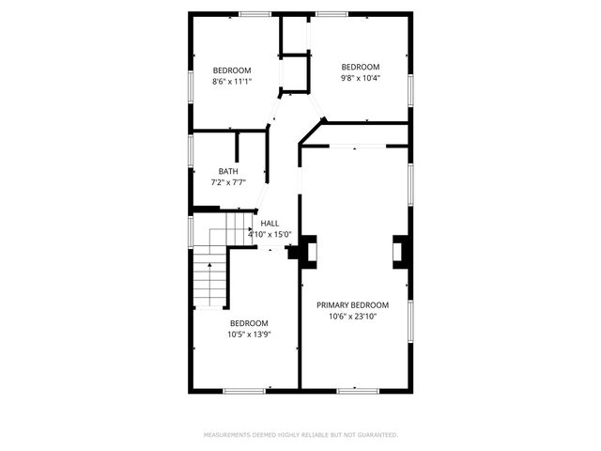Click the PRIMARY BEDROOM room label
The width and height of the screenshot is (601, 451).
(x=352, y=305)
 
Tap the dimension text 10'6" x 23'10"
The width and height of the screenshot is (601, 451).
(x=352, y=317)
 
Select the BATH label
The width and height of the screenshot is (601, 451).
(x=228, y=171)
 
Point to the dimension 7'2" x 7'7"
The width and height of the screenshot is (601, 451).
(x=228, y=182)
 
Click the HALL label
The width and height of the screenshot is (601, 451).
(x=270, y=224)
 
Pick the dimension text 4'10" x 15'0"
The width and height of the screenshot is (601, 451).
(x=270, y=235)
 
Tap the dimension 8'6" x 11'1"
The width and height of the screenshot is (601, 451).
(x=232, y=82)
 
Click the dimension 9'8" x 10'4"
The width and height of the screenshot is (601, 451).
(x=360, y=78)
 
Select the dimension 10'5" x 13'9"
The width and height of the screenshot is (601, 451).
(x=249, y=334)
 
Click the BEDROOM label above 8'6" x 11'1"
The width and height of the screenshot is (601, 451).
(x=232, y=70)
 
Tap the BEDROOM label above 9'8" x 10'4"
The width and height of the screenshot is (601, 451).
(x=360, y=67)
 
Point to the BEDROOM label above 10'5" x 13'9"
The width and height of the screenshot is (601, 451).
(x=249, y=323)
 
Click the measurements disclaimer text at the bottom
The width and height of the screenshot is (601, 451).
(x=300, y=435)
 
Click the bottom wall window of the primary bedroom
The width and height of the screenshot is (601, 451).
(x=358, y=390)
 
